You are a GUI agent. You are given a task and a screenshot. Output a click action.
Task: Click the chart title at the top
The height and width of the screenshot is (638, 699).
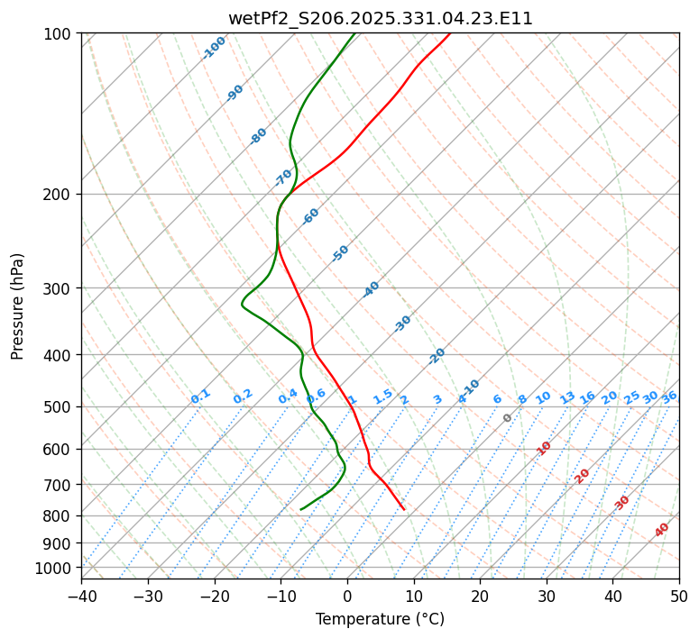point(380,18)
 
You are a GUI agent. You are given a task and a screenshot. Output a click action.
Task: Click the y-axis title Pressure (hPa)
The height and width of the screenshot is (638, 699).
point(18,306)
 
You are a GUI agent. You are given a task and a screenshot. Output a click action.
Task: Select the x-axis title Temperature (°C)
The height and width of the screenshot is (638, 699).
point(380,620)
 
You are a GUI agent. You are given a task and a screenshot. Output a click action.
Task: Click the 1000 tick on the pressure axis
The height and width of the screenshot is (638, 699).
point(53,568)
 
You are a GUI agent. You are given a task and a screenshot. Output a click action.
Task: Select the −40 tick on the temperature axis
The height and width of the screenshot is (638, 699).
point(81,597)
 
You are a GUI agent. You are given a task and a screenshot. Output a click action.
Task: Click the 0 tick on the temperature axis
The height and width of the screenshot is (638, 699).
point(347,597)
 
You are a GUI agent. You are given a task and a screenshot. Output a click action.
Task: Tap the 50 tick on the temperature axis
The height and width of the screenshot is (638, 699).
point(679,597)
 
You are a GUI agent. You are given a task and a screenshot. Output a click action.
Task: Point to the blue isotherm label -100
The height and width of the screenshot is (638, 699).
point(214,48)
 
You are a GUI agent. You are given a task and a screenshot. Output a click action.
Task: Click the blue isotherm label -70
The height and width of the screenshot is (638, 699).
point(283,178)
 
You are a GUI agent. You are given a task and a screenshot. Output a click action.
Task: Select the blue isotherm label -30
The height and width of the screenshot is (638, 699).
point(402,324)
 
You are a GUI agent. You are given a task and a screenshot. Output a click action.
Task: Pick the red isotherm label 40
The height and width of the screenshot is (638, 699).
point(662,530)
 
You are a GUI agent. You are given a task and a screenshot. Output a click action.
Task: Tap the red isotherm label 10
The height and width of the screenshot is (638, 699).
point(544,448)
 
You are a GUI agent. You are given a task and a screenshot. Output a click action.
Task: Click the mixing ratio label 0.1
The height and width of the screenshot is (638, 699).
point(200,396)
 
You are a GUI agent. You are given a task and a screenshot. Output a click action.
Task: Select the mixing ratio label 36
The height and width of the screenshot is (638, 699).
point(669,396)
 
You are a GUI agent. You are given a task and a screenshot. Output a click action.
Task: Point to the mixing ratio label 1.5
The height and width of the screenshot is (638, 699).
point(382,396)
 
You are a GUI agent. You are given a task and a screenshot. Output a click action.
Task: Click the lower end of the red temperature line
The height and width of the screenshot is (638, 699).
point(404,510)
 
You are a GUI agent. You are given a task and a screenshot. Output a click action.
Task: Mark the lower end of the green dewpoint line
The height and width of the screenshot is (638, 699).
point(300,510)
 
